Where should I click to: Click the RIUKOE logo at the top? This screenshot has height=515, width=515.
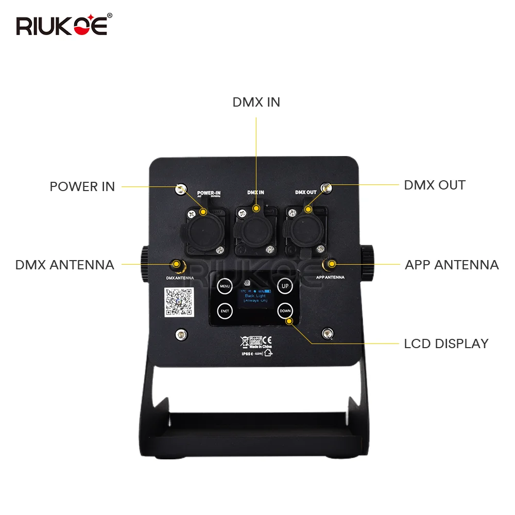point(62,25)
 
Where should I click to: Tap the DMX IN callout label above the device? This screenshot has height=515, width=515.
point(256,102)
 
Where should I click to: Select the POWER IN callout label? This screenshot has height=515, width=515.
point(82,186)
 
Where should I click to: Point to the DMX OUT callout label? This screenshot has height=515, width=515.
point(434,185)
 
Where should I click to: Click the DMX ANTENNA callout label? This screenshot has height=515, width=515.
point(64,265)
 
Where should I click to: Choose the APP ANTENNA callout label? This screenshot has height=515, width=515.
point(451,265)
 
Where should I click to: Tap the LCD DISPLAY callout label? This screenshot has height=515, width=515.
point(446,343)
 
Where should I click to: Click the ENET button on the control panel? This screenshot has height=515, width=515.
point(225,311)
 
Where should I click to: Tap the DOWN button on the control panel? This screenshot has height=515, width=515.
point(285,311)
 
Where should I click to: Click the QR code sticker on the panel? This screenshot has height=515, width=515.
point(178,302)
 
